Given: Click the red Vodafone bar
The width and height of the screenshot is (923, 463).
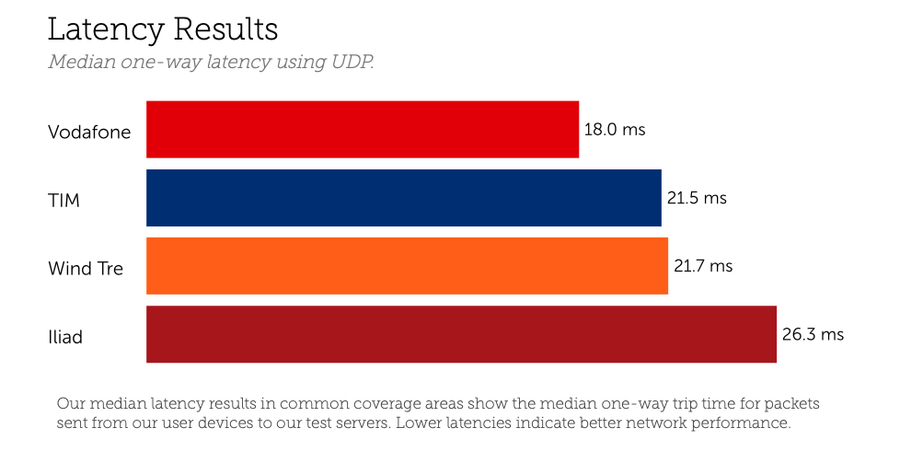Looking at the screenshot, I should tap(363, 130).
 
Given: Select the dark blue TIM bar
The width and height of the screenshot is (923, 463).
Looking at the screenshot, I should tap(404, 198).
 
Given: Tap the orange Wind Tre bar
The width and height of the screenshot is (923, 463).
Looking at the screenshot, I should tap(407, 266).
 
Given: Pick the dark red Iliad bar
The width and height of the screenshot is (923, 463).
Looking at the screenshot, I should tap(461, 334).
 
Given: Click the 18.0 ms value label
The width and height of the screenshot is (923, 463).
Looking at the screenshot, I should tap(615, 130).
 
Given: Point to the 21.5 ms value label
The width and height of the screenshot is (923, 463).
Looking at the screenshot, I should tap(697, 198).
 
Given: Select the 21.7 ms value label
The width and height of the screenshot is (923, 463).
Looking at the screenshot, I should tap(703, 266).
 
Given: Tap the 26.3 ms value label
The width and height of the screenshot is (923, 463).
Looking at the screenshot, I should tap(813, 334).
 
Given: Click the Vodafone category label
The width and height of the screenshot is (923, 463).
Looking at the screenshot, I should tap(89, 132).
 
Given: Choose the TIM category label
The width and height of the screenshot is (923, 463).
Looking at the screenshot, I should tap(63, 200).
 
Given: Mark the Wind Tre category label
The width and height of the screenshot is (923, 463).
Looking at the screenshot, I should tap(86, 269).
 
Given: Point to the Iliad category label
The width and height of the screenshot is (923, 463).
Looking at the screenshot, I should tap(65, 337).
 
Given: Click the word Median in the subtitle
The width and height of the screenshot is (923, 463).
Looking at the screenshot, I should tap(82, 63).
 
